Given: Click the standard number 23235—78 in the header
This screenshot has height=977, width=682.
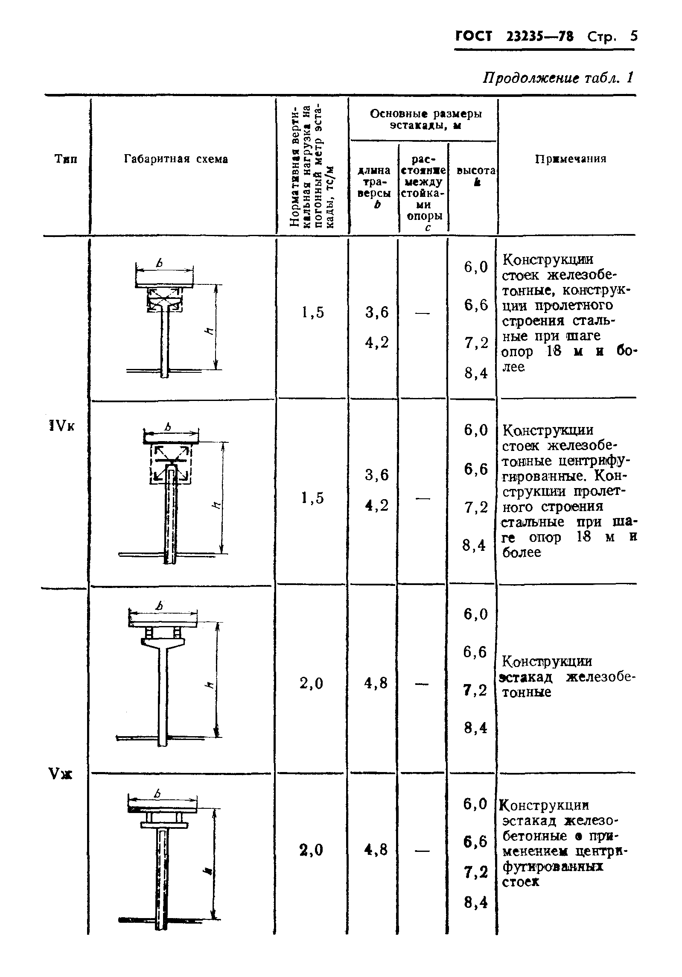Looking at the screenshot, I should tap(539, 36).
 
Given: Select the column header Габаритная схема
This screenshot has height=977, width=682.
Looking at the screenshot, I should tap(176, 159).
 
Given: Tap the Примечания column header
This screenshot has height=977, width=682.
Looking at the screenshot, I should tap(571, 159).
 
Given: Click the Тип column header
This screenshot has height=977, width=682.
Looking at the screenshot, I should tap(67, 159).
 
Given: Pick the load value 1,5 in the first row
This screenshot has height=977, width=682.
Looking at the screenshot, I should tap(312, 313).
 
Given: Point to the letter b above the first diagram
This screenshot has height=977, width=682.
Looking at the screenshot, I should tap(160, 263).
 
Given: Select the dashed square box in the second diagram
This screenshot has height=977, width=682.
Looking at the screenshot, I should tap(170, 464).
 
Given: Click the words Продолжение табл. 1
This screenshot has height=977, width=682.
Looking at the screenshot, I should tap(558, 78).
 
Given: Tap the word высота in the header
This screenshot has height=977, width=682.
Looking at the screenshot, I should tap(476, 170).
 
